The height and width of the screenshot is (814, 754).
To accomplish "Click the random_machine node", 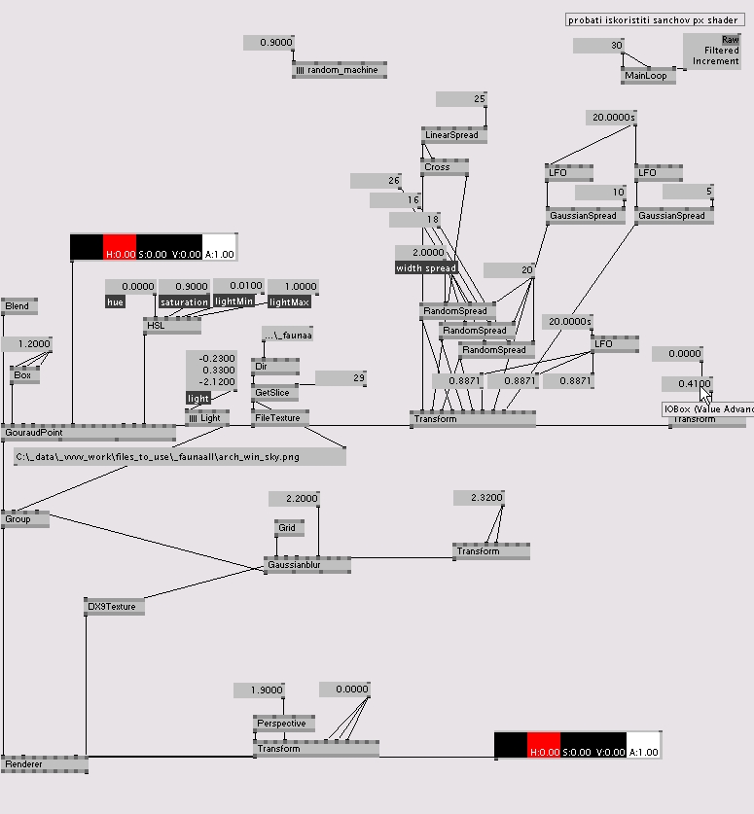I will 340,70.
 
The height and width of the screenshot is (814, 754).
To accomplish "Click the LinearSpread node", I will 453,135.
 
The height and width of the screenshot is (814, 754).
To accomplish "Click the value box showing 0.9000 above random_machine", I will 268,43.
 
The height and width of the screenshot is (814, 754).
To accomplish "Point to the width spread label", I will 426,267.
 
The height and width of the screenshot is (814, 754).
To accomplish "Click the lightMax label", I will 289,301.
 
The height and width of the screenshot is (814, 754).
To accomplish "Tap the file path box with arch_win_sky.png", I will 180,457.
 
